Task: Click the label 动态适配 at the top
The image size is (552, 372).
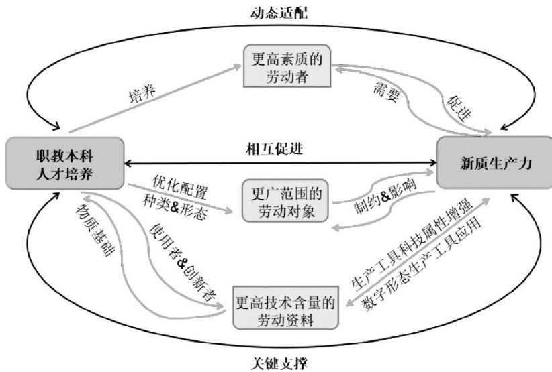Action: pos(275,12)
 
